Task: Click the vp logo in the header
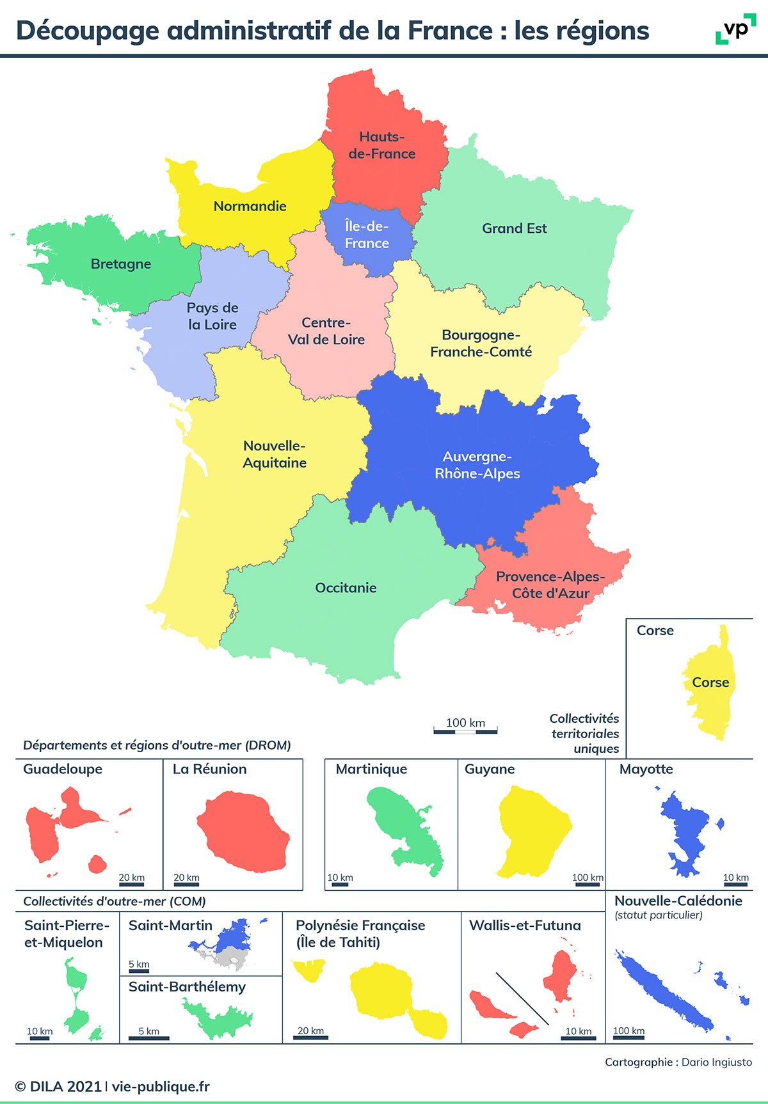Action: point(735,29)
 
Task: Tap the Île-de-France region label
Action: point(367,235)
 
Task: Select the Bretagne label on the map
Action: point(121,264)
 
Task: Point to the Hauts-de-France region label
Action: point(382,145)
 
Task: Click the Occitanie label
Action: point(346,588)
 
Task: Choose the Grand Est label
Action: point(515,228)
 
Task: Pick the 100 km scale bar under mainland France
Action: point(465,730)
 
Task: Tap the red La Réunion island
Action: point(243,832)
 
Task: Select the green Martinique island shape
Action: point(403,828)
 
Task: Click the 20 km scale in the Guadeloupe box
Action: point(132,881)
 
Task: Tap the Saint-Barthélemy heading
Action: point(187,987)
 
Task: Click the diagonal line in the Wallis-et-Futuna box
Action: point(522,998)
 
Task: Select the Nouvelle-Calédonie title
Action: point(678,901)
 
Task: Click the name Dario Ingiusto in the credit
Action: point(717,1062)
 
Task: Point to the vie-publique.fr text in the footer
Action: point(161,1087)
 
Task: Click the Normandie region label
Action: point(250,206)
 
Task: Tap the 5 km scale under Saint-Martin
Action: point(139,967)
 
